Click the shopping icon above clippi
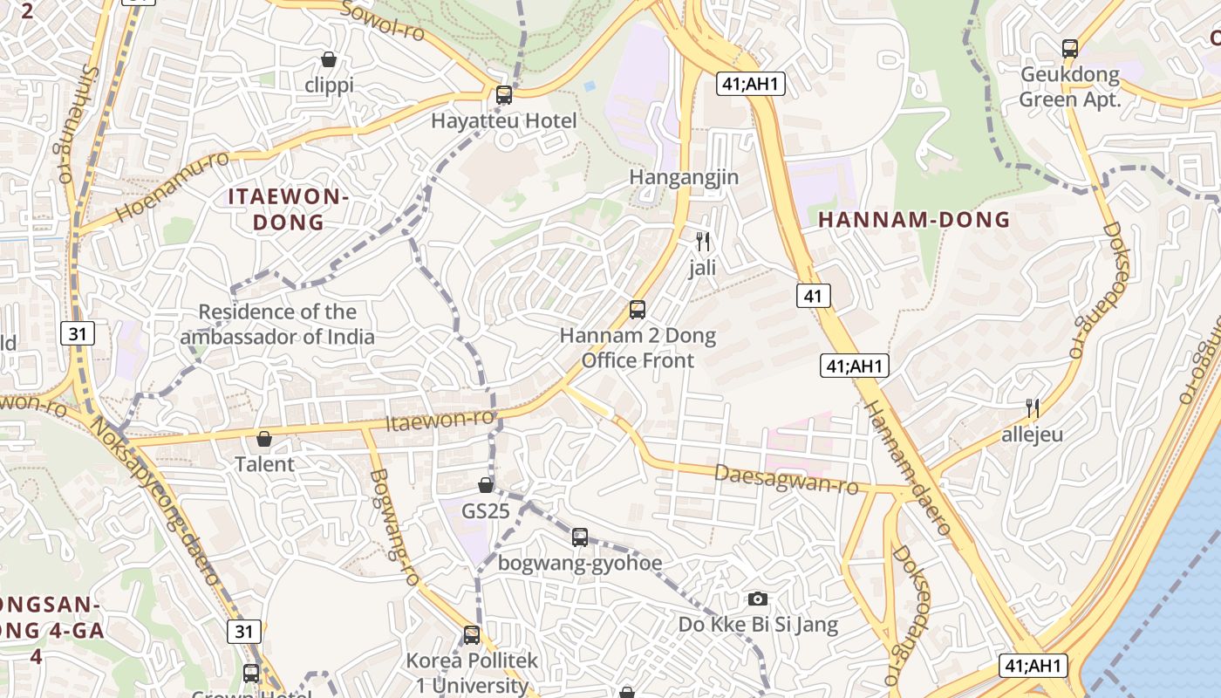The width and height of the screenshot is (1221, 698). (329, 59)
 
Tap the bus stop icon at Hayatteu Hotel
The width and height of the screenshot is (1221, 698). (504, 95)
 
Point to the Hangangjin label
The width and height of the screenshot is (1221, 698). (684, 178)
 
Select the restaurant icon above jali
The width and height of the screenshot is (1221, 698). (703, 242)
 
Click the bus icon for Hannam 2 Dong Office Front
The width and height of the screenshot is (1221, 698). (638, 310)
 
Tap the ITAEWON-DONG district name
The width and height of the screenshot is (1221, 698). (289, 209)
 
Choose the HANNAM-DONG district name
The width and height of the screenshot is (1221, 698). (914, 221)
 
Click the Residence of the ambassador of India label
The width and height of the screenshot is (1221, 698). (277, 325)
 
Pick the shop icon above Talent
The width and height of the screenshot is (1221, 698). (264, 438)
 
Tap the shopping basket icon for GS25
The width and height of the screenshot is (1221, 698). (486, 485)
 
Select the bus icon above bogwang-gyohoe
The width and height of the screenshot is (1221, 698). (580, 537)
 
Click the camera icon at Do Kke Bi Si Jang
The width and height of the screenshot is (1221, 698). (758, 599)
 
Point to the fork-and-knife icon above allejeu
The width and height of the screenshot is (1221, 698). (1033, 407)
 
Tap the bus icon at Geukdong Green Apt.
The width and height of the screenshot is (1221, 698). (1070, 49)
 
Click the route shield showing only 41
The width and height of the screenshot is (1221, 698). (813, 296)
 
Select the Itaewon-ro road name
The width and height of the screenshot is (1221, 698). (440, 421)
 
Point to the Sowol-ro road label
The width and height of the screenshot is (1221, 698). (381, 19)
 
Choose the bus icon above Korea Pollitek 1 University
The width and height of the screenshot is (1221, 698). (472, 635)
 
